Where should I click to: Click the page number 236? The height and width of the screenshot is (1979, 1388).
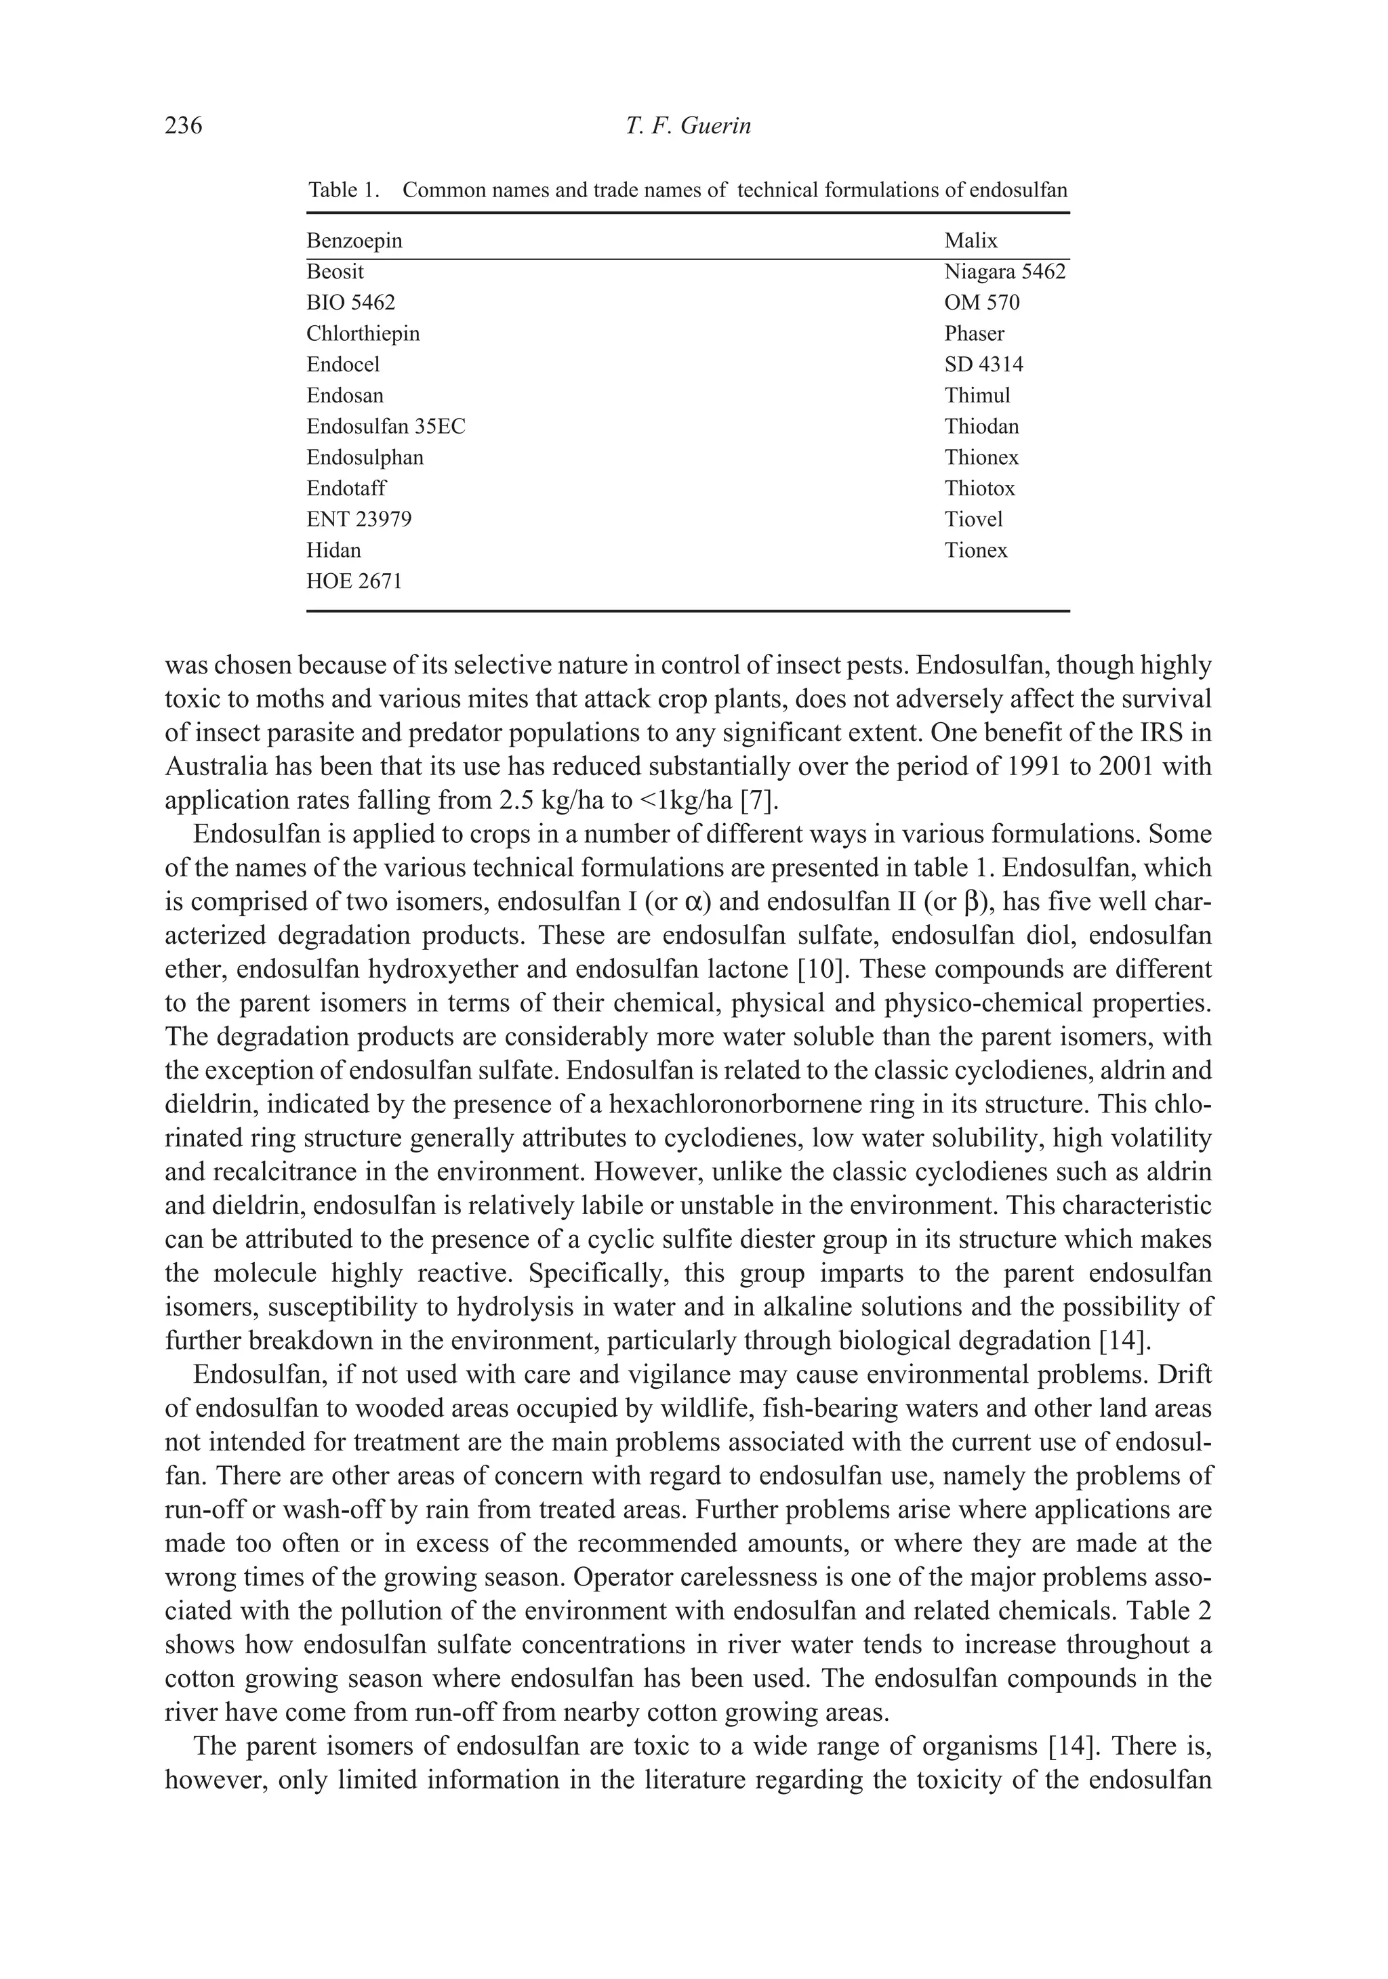[183, 126]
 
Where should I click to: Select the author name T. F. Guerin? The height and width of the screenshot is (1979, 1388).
[688, 126]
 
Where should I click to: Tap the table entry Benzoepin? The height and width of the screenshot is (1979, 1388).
[354, 241]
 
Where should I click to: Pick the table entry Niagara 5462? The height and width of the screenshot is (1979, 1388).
[1004, 272]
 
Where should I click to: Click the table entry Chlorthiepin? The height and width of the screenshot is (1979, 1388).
[363, 333]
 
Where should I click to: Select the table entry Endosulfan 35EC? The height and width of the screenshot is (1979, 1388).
[386, 427]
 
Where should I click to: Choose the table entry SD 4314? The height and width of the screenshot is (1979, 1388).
[983, 364]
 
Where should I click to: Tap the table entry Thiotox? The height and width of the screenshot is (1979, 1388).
[979, 488]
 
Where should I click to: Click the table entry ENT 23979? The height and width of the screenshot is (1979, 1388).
[359, 520]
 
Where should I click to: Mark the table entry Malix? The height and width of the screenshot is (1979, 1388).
[971, 241]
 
